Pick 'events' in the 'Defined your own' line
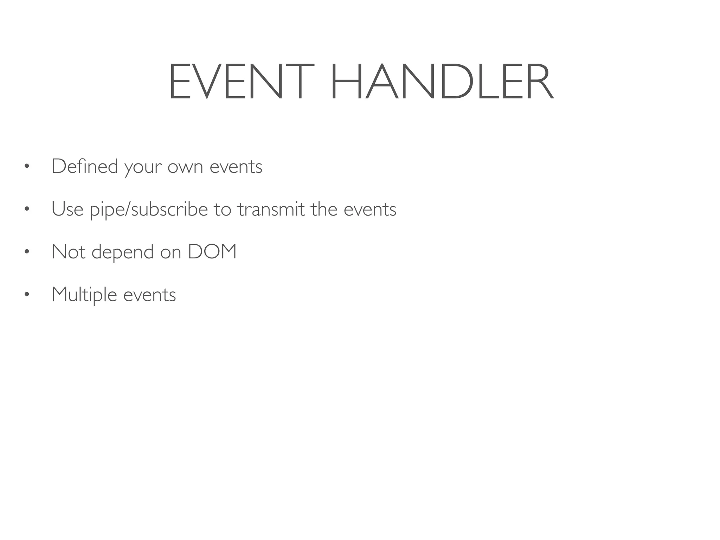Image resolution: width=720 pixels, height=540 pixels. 236,167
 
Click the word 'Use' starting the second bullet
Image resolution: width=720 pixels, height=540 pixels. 67,209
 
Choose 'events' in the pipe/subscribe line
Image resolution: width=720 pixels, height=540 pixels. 370,210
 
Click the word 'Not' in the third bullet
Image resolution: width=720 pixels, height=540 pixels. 68,252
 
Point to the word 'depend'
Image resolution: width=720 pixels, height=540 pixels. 122,252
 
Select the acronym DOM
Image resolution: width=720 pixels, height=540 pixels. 212,252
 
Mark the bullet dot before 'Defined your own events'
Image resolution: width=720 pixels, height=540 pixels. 26,166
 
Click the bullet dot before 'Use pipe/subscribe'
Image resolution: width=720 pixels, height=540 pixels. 26,209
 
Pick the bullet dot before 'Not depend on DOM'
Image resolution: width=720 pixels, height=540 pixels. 26,252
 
